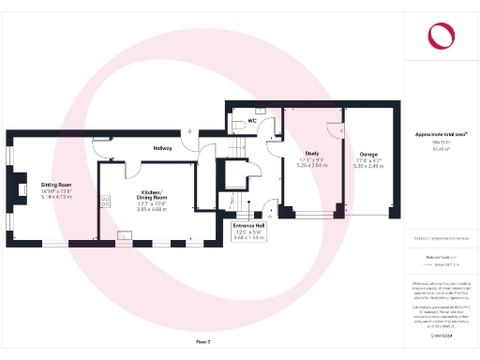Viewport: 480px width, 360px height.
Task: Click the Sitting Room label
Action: click(56, 185)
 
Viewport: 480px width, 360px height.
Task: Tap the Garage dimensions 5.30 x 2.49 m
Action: click(367, 167)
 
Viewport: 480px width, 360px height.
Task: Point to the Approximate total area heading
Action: click(441, 135)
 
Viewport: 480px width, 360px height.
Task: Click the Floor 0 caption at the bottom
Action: click(204, 344)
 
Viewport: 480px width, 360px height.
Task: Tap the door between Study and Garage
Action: click(337, 131)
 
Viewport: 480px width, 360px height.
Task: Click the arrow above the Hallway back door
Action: click(189, 131)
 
